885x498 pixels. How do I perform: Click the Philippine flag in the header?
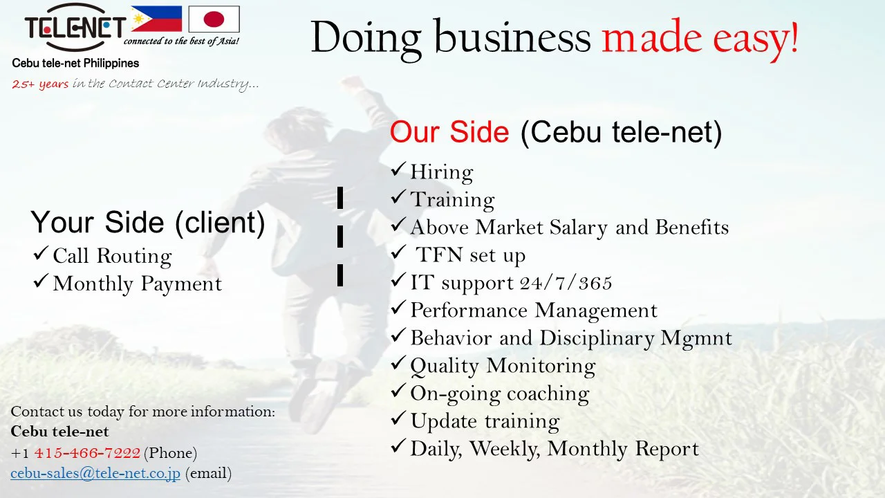(x=156, y=19)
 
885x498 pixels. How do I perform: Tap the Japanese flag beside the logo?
(x=214, y=19)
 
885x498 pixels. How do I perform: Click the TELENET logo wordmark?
(x=75, y=28)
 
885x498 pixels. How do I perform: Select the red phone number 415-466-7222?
(x=87, y=452)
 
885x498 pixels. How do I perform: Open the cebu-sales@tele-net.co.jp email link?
(x=95, y=473)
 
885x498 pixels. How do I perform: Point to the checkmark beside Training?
(x=398, y=196)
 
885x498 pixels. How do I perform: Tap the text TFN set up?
(x=470, y=255)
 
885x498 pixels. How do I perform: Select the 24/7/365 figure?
(x=566, y=283)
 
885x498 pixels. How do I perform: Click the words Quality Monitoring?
(x=503, y=366)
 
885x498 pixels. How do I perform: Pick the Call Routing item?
(x=112, y=256)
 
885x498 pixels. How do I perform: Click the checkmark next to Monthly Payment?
(x=41, y=281)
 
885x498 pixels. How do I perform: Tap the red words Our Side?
(x=449, y=131)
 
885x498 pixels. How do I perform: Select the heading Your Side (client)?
(x=148, y=223)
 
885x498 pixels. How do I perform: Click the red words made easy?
(x=700, y=38)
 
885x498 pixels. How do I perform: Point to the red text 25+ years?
(x=40, y=84)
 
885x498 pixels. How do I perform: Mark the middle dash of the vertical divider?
(x=340, y=237)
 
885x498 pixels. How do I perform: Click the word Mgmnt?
(x=696, y=339)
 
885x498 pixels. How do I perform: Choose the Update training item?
(x=485, y=421)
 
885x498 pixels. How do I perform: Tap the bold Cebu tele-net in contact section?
(x=59, y=432)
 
